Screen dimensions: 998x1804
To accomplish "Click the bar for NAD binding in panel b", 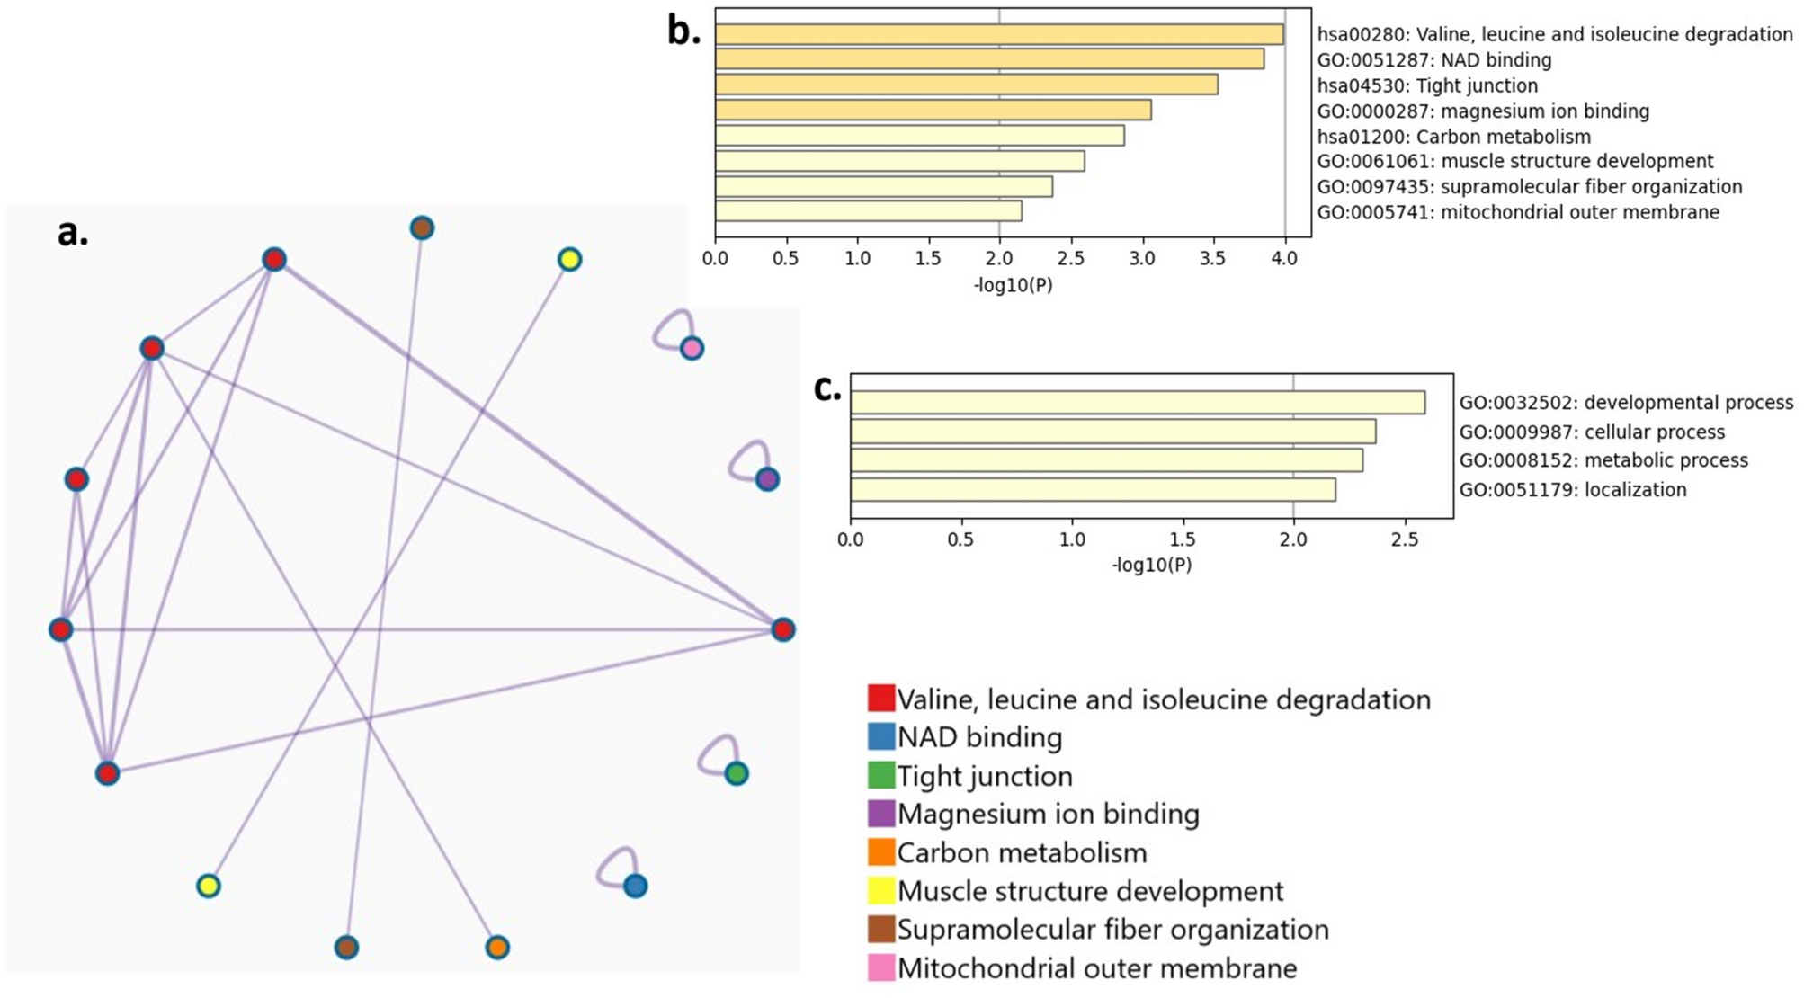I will pyautogui.click(x=989, y=59).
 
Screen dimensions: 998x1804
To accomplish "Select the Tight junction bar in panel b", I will pyautogui.click(x=967, y=85).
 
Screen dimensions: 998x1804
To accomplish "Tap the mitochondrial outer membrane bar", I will pyautogui.click(x=869, y=211).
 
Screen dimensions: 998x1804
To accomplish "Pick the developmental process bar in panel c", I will pyautogui.click(x=1138, y=402).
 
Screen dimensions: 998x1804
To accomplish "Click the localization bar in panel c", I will pyautogui.click(x=1093, y=490).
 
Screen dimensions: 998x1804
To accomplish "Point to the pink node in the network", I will pyautogui.click(x=691, y=348).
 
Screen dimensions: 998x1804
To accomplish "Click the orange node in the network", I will pyautogui.click(x=497, y=947).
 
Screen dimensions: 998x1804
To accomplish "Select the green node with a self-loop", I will pyautogui.click(x=736, y=773).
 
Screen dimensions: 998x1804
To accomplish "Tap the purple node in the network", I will pyautogui.click(x=767, y=479).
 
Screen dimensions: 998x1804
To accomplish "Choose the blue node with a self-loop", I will pyautogui.click(x=635, y=886).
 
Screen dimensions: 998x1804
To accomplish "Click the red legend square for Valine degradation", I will pyautogui.click(x=881, y=699).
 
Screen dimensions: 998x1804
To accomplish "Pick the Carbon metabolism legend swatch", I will pyautogui.click(x=881, y=851).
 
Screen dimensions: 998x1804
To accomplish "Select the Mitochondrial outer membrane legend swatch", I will pyautogui.click(x=881, y=967).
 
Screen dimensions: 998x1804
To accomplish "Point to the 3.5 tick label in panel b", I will pyautogui.click(x=1213, y=259).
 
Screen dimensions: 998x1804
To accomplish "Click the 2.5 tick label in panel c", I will pyautogui.click(x=1405, y=540).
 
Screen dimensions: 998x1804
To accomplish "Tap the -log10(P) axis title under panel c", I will pyautogui.click(x=1152, y=565).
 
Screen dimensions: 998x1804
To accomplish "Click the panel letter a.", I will pyautogui.click(x=73, y=233).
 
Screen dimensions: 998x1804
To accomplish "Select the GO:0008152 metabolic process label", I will pyautogui.click(x=1603, y=460).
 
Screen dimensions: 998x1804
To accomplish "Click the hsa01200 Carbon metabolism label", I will pyautogui.click(x=1454, y=137).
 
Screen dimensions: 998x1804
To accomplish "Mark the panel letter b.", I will pyautogui.click(x=684, y=31).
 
